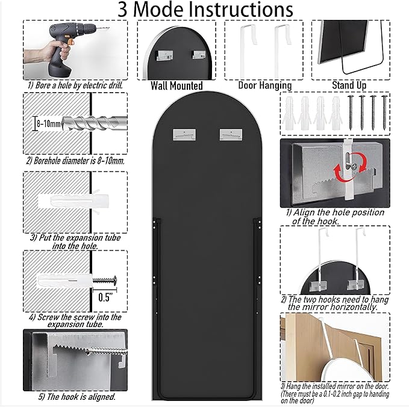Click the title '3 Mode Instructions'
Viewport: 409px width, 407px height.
(205, 10)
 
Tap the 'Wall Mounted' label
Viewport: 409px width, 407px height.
(176, 85)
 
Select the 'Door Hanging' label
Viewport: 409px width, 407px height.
(265, 85)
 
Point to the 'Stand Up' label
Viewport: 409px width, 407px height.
(349, 85)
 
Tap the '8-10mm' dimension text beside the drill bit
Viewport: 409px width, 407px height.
(49, 123)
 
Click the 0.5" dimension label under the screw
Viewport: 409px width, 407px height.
(105, 297)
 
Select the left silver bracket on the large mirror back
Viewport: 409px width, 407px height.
(184, 134)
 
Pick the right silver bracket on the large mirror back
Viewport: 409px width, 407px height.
(231, 134)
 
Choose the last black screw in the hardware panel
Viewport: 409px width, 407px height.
(384, 113)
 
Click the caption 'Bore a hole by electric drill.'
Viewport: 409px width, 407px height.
(75, 85)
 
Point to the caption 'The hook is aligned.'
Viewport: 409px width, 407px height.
(77, 397)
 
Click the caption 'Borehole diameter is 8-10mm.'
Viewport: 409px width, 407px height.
(75, 161)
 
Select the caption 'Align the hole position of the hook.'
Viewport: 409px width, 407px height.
(335, 217)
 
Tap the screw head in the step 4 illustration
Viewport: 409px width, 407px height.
(114, 281)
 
